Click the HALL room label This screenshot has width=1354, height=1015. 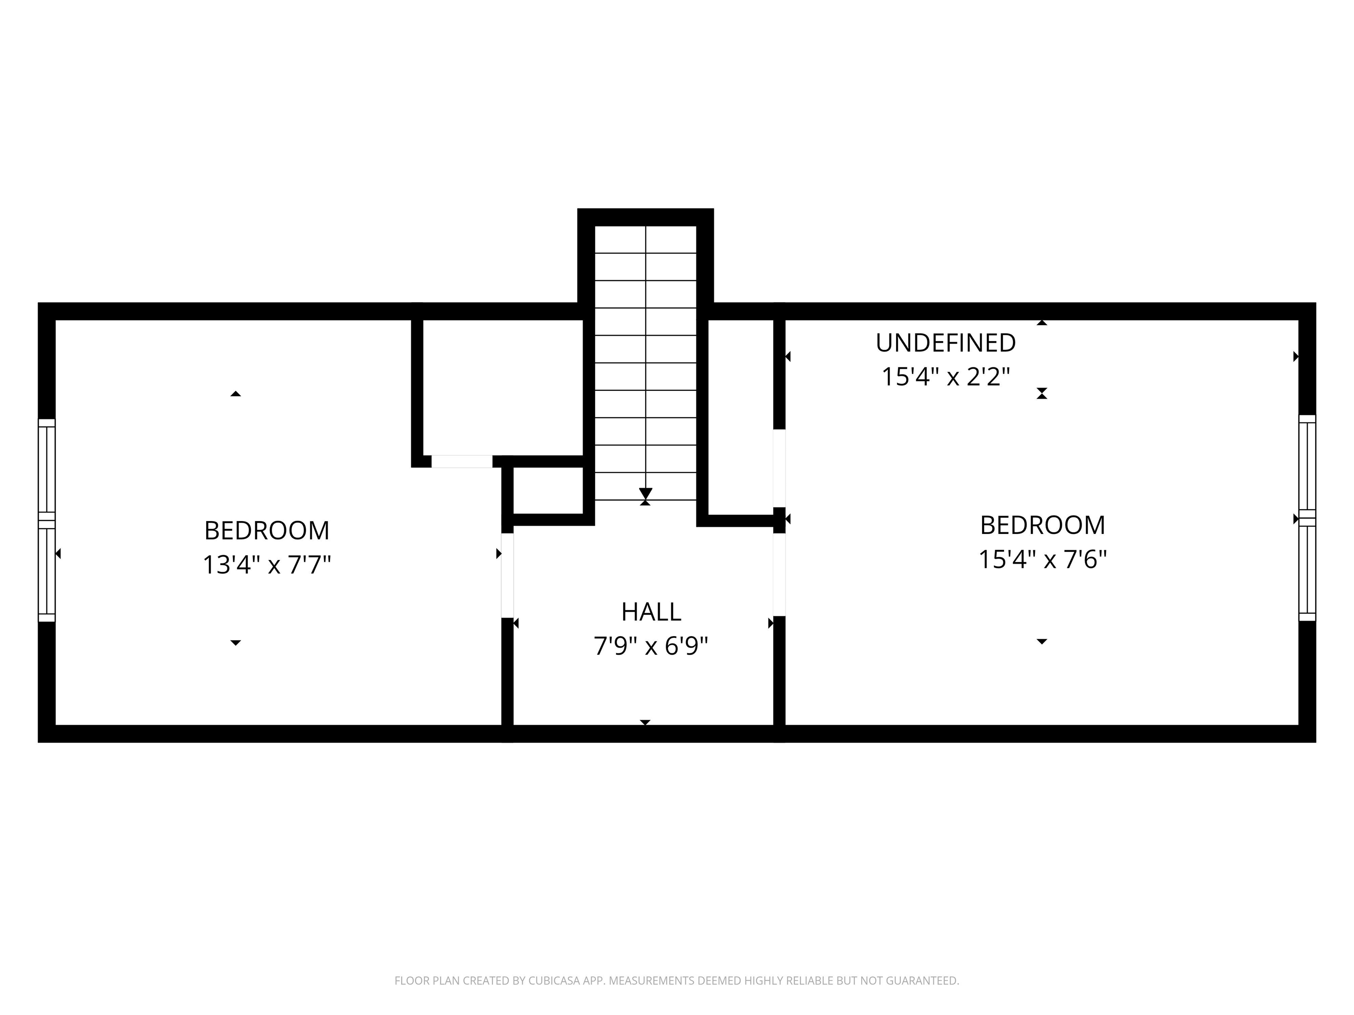pyautogui.click(x=651, y=612)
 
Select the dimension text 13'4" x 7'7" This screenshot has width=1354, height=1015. pyautogui.click(x=267, y=565)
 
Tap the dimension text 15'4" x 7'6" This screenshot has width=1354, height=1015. pyautogui.click(x=1042, y=559)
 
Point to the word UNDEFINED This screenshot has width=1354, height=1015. pyautogui.click(x=945, y=343)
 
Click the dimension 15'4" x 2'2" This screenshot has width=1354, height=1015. pyautogui.click(x=945, y=376)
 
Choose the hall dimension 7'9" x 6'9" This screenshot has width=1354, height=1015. pyautogui.click(x=651, y=646)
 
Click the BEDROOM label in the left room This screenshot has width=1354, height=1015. pyautogui.click(x=267, y=530)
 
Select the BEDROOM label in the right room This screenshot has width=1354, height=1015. pyautogui.click(x=1042, y=525)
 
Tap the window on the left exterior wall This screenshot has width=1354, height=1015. pyautogui.click(x=47, y=520)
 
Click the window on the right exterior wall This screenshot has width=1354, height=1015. pyautogui.click(x=1307, y=518)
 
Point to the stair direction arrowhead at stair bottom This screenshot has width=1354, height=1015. pyautogui.click(x=645, y=493)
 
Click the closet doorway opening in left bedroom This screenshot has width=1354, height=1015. pyautogui.click(x=462, y=461)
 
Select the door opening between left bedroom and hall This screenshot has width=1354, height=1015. pyautogui.click(x=507, y=575)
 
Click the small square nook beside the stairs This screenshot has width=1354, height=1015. pyautogui.click(x=548, y=490)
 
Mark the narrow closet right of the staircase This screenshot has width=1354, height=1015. pyautogui.click(x=740, y=416)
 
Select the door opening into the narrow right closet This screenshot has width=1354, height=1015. pyautogui.click(x=779, y=468)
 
